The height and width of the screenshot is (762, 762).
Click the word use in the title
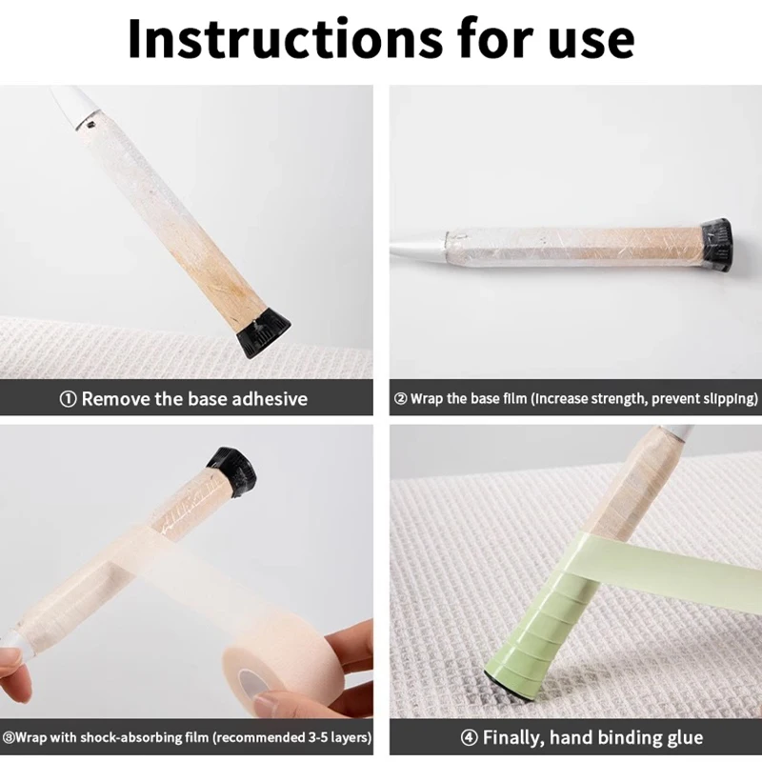pos(592,39)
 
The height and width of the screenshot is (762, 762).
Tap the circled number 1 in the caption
pos(68,398)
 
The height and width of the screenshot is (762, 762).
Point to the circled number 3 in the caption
pos(9,737)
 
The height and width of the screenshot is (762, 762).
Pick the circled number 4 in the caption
pos(470,737)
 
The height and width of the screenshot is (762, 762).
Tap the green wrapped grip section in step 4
pos(525,629)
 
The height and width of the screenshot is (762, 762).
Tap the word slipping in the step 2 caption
pos(724,398)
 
